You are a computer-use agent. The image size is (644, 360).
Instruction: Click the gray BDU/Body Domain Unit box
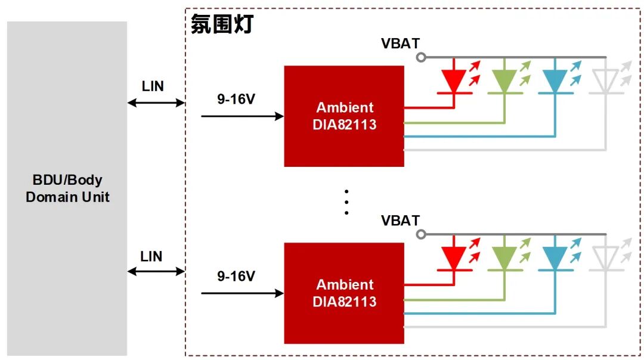[x=67, y=188]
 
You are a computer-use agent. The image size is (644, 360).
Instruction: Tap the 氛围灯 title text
[x=222, y=24]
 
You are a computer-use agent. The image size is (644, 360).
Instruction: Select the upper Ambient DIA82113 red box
[x=344, y=116]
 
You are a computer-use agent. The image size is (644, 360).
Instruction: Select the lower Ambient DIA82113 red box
[x=344, y=293]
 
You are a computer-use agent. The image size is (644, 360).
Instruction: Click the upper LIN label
[x=153, y=86]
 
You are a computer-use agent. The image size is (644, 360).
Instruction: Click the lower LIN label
[x=151, y=256]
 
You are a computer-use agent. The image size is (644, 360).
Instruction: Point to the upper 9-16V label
[x=236, y=99]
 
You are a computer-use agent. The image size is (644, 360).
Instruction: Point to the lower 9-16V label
[x=236, y=277]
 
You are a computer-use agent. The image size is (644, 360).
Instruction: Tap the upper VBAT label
[x=401, y=44]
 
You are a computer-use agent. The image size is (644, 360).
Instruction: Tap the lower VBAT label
[x=401, y=221]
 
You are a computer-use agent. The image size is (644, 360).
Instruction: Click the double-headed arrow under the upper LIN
[x=156, y=103]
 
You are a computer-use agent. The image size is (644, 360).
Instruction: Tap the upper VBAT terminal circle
[x=421, y=57]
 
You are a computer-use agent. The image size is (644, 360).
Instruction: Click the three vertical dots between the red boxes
[x=346, y=202]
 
